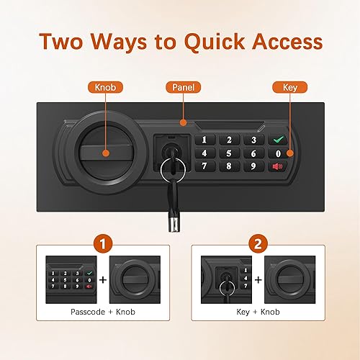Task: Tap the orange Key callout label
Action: point(286,87)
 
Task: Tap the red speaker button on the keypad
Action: point(277,166)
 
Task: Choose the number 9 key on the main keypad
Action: point(252,166)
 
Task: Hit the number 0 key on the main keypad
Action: point(277,153)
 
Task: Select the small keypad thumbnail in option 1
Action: point(70,277)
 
